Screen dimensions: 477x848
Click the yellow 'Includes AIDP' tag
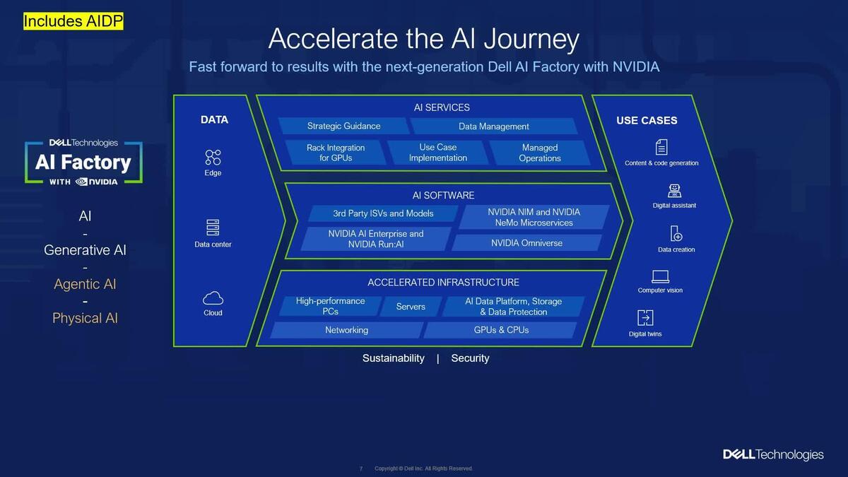pyautogui.click(x=73, y=21)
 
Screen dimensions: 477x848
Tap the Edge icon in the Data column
pyautogui.click(x=213, y=157)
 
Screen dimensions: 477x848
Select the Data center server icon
pyautogui.click(x=213, y=228)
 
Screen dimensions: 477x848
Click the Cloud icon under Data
pyautogui.click(x=213, y=298)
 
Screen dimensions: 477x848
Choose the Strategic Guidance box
pyautogui.click(x=343, y=126)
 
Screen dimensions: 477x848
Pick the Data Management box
pyautogui.click(x=493, y=126)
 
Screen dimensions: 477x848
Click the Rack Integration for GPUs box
pyautogui.click(x=336, y=153)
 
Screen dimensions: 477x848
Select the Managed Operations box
pyautogui.click(x=539, y=153)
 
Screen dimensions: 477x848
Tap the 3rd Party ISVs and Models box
pyautogui.click(x=383, y=213)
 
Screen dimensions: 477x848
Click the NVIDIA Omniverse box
pyautogui.click(x=526, y=243)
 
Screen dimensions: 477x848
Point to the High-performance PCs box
pyautogui.click(x=330, y=306)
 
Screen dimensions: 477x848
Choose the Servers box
pyautogui.click(x=411, y=307)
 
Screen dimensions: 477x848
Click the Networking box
pyautogui.click(x=346, y=330)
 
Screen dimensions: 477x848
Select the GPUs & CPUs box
pyautogui.click(x=501, y=330)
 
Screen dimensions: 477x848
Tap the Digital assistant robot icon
pyautogui.click(x=674, y=191)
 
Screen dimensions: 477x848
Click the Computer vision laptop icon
pyautogui.click(x=660, y=276)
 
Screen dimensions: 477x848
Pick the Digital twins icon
pyautogui.click(x=645, y=318)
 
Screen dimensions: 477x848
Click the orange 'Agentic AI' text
pyautogui.click(x=85, y=284)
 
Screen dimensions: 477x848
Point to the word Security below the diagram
pyautogui.click(x=470, y=358)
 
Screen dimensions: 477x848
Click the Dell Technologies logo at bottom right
pyautogui.click(x=773, y=454)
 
